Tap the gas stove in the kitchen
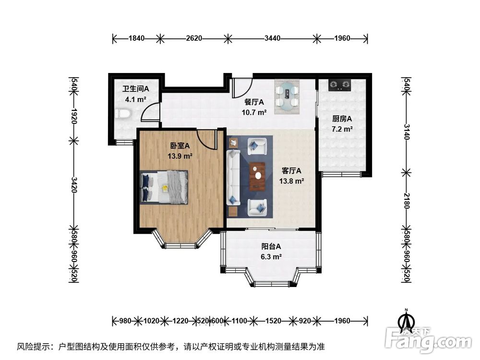click(339, 85)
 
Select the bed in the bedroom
click(164, 187)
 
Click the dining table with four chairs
click(287, 96)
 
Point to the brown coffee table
click(257, 177)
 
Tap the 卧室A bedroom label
click(180, 146)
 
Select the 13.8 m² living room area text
click(291, 181)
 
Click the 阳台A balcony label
click(271, 246)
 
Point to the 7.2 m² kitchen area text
click(342, 129)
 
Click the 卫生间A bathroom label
click(136, 89)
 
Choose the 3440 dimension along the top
click(272, 38)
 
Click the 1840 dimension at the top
click(136, 38)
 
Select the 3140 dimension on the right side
click(406, 132)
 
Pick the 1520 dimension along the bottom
click(273, 321)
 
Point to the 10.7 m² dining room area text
click(254, 112)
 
